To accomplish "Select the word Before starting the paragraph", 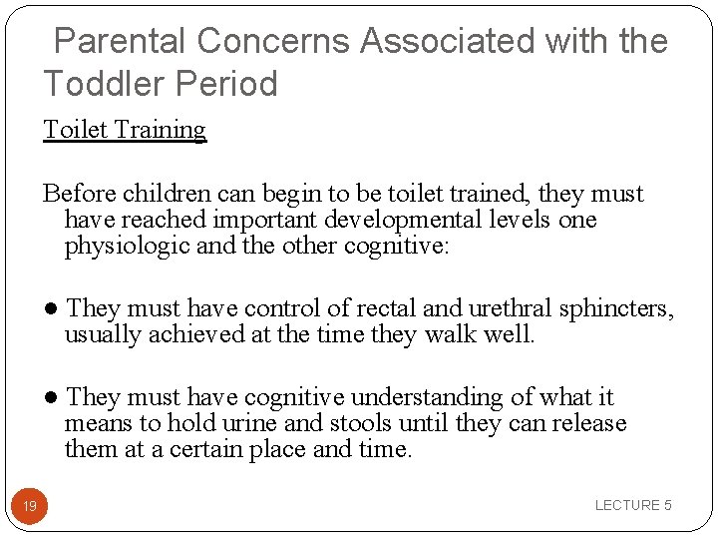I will click(x=77, y=194).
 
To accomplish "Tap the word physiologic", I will click(x=127, y=246).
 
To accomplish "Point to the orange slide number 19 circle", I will click(x=30, y=506).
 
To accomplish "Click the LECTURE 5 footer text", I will click(x=633, y=506).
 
